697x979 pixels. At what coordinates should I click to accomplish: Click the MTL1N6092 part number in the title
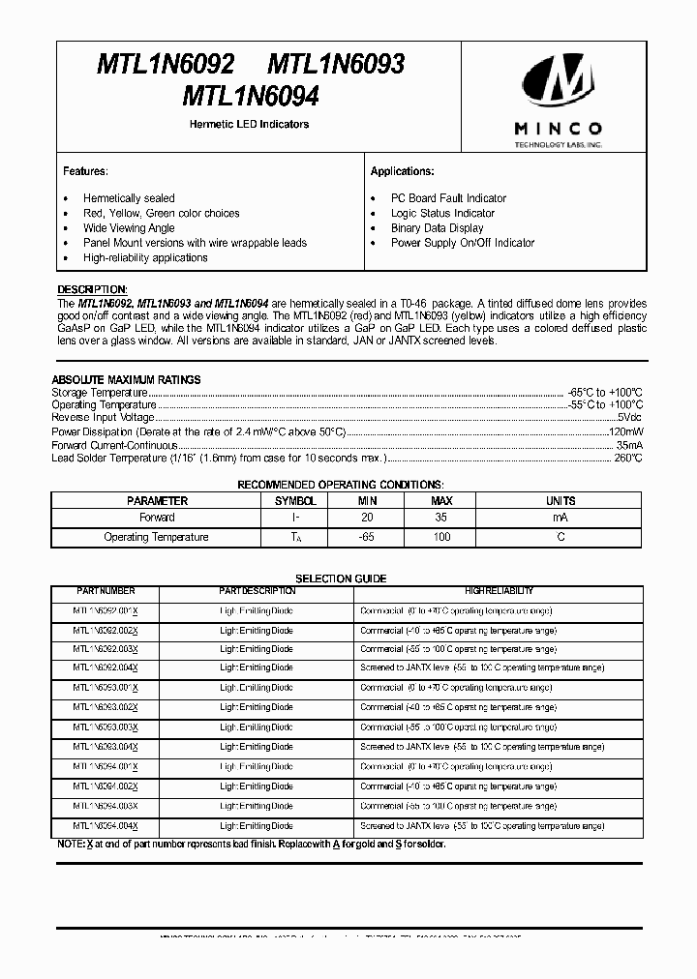point(166,65)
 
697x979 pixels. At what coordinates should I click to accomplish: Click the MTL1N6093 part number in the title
point(336,65)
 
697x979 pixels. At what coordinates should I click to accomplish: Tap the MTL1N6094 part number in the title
point(250,98)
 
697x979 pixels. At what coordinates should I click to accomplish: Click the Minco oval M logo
point(559,83)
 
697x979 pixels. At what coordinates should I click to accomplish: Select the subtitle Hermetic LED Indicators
point(250,125)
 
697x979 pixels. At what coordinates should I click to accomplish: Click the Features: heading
point(85,171)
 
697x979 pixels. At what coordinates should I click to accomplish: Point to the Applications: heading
point(402,171)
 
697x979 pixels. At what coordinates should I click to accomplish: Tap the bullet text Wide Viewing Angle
point(129,228)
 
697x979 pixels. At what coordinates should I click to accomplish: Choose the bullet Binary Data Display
point(437,228)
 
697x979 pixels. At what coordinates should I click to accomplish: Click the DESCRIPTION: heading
point(92,289)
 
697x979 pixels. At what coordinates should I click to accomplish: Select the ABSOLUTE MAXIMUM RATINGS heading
point(126,380)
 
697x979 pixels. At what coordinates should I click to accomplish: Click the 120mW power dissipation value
point(624,431)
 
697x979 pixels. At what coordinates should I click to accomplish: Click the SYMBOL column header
point(295,501)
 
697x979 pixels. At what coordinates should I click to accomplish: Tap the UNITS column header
point(561,501)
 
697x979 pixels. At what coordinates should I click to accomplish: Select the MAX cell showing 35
point(441,518)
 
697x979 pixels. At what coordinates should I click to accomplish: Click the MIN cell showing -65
point(367,537)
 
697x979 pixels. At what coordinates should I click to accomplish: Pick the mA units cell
point(561,518)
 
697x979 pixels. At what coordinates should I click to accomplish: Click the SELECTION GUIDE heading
point(341,578)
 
